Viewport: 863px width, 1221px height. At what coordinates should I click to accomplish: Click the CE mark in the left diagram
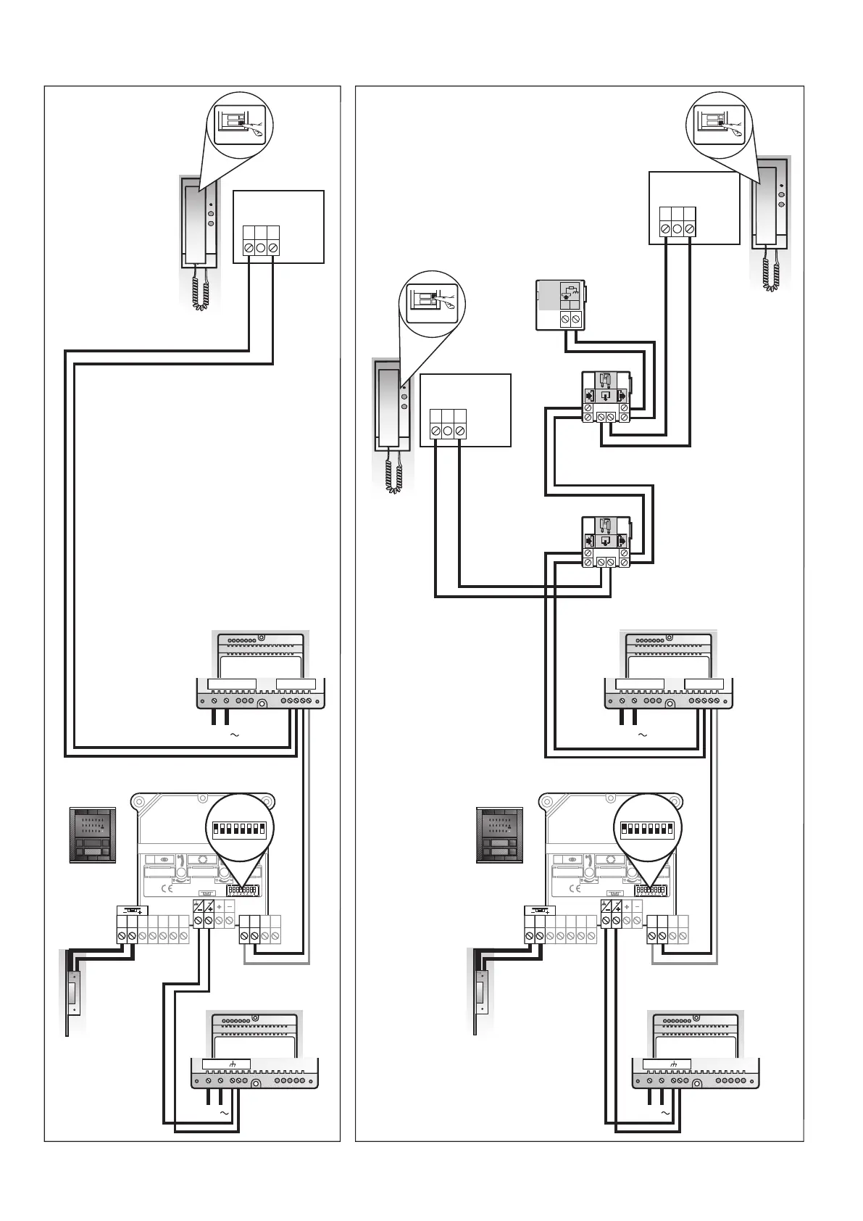(x=165, y=887)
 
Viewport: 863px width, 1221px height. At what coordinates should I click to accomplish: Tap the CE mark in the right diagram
(x=573, y=887)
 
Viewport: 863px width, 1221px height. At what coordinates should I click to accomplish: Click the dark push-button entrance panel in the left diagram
(x=92, y=835)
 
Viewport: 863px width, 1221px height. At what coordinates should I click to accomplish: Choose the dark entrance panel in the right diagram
(x=499, y=835)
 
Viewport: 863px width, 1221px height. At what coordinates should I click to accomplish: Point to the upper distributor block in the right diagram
(x=607, y=398)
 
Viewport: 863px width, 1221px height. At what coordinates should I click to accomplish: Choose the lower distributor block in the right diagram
(x=607, y=542)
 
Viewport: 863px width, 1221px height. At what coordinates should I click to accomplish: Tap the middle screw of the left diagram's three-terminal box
(x=261, y=248)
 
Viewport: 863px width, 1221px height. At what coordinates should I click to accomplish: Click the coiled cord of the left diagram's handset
(x=201, y=289)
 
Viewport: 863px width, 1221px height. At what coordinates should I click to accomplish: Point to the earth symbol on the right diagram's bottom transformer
(x=674, y=1064)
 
